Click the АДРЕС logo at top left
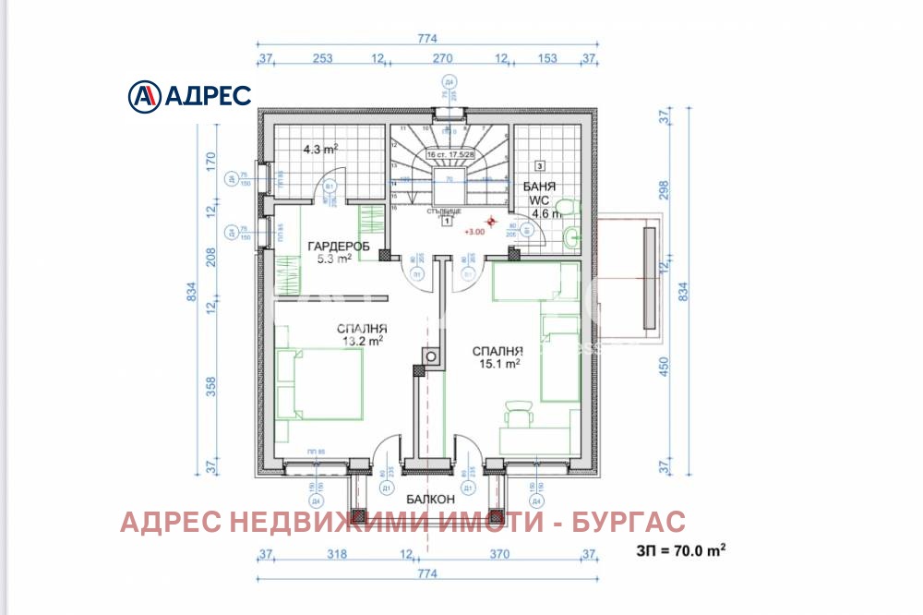point(188,95)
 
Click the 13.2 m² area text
point(363,341)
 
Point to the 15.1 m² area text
point(498,363)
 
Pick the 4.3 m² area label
point(320,148)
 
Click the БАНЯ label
point(540,187)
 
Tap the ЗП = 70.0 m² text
point(680,551)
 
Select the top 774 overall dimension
point(426,39)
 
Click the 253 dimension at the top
point(322,59)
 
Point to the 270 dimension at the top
point(441,59)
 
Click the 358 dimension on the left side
point(210,385)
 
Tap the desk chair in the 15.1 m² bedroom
point(519,413)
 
